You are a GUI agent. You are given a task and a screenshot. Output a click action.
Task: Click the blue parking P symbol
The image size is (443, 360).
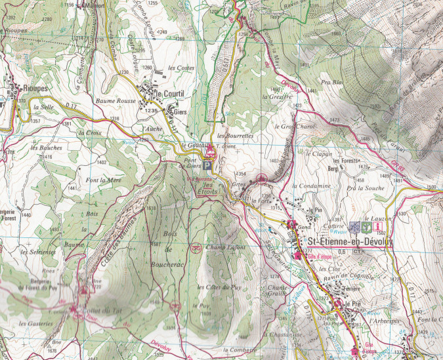(x=207, y=167)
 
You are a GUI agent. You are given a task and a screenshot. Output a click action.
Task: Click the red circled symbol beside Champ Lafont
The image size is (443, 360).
(x=194, y=248)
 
